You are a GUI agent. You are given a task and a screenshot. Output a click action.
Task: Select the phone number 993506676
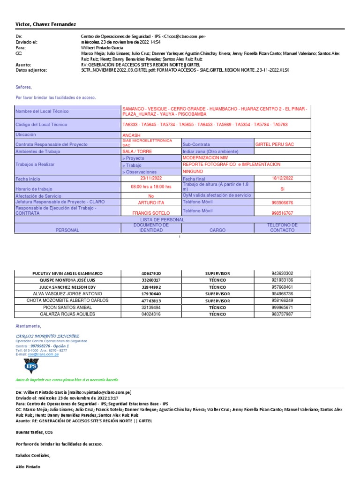pos(282,202)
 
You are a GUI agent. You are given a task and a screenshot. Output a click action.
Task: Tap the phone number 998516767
pos(282,213)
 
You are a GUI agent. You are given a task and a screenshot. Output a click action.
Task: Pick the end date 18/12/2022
pos(282,178)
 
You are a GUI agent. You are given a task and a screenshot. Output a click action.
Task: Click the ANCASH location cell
pos(131,135)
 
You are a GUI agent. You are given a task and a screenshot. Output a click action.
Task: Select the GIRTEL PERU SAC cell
pos(274,144)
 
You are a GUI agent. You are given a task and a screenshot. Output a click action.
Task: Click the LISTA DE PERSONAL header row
pos(162,219)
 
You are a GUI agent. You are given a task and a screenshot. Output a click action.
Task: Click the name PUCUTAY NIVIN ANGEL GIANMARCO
pos(67,273)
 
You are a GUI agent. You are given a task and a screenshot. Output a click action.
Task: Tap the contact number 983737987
pos(282,314)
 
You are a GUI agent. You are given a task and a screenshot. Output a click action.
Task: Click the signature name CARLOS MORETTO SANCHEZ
pos(47,336)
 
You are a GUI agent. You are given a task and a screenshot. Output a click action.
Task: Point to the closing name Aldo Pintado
pos(28,467)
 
